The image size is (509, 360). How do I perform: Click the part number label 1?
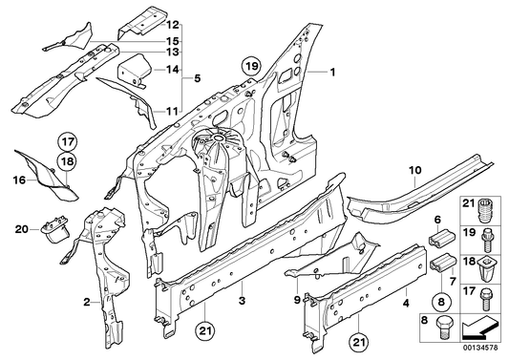(334, 73)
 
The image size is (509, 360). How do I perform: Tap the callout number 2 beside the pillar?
(87, 303)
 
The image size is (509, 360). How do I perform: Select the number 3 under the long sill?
(242, 301)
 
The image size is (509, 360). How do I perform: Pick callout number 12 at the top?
(172, 23)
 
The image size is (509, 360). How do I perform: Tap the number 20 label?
(22, 228)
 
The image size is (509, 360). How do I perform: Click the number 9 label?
(296, 300)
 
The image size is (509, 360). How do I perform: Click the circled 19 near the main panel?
(250, 67)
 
